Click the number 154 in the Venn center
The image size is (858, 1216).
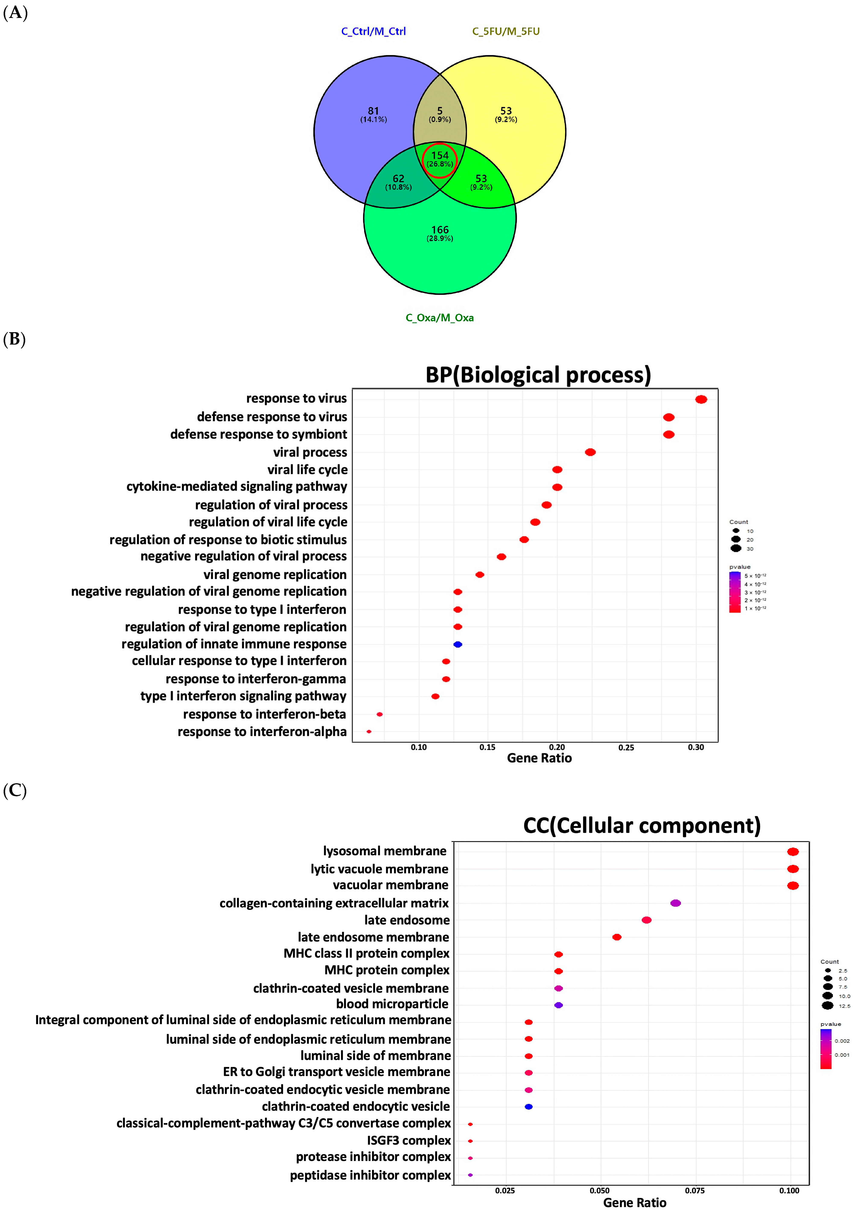(440, 155)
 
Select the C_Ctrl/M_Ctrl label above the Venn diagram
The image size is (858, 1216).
(373, 31)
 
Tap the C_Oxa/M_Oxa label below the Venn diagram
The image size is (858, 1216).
(440, 318)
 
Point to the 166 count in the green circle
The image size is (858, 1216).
(440, 230)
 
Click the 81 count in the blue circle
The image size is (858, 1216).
(373, 111)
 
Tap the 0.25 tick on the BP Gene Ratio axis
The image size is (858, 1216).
(626, 747)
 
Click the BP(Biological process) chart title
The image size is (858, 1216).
(538, 375)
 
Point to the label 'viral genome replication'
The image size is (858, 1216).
(275, 575)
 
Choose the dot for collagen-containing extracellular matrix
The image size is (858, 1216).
(675, 903)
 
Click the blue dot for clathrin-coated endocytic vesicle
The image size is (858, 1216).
(528, 1106)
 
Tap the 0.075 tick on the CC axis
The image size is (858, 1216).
(694, 1191)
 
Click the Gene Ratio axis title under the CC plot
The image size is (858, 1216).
(635, 1203)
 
